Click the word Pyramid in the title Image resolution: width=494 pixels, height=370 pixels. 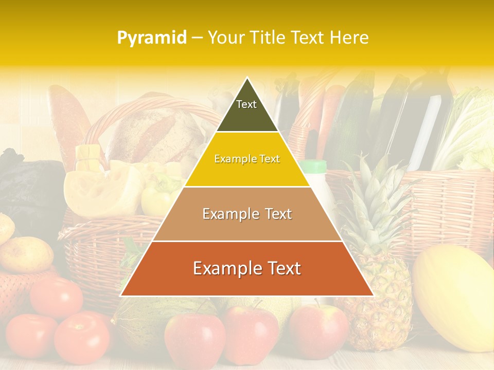coord(151,38)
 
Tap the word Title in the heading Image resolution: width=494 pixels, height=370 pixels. coord(267,38)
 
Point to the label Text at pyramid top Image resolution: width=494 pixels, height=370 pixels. coord(246,104)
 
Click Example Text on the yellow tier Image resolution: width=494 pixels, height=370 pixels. coord(247,159)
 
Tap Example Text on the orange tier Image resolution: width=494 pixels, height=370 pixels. coord(247,268)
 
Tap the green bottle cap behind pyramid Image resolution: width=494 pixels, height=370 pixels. coord(314,166)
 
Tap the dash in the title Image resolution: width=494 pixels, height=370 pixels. coord(197,38)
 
